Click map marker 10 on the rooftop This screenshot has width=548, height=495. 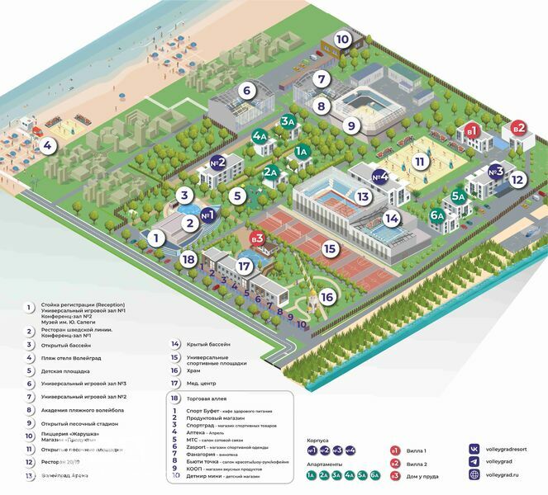342,39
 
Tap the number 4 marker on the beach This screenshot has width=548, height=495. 48,147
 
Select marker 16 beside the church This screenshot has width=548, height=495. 327,296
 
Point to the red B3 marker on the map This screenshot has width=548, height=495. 257,238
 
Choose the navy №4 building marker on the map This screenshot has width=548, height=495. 380,176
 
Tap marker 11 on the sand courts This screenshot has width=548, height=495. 421,162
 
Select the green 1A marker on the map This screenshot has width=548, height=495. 303,151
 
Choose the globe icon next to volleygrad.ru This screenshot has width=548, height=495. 474,475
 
